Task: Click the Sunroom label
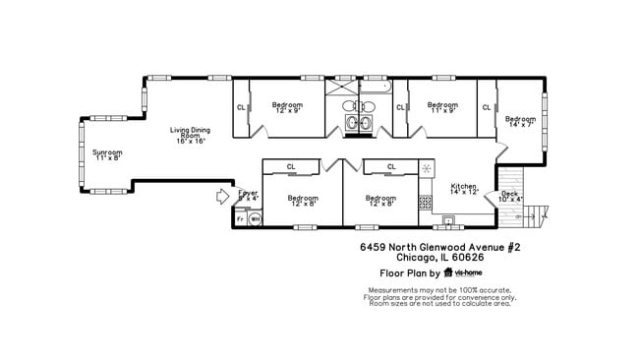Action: [x=107, y=154]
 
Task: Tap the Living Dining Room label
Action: [x=191, y=135]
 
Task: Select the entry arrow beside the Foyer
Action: [x=222, y=198]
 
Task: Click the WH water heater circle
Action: [x=255, y=218]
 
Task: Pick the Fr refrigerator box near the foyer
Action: [x=240, y=218]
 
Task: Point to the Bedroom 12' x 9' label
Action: [x=287, y=107]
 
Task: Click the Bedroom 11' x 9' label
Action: [x=442, y=107]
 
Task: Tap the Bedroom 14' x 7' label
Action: [x=520, y=122]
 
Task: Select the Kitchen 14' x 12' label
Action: [x=464, y=189]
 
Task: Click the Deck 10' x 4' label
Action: [x=509, y=196]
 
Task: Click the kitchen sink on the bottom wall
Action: [x=449, y=217]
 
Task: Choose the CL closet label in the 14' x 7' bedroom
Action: [x=486, y=107]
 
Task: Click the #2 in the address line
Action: [x=512, y=248]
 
